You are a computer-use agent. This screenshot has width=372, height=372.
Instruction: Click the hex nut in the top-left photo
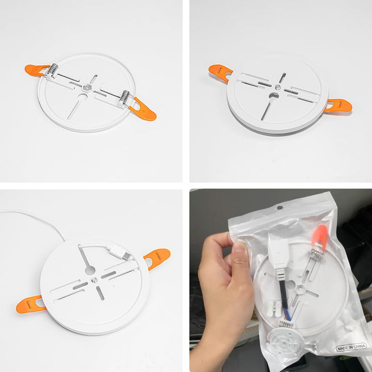click(87, 87)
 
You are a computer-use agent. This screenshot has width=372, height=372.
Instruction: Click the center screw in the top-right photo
click(278, 87)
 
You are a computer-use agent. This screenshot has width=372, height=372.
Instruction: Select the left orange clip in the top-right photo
click(220, 73)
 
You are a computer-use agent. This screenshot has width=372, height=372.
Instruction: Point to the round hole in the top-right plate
click(274, 96)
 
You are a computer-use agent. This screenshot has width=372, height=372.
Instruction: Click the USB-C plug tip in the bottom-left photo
click(127, 256)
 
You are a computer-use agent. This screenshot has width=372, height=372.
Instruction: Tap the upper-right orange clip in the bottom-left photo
click(157, 259)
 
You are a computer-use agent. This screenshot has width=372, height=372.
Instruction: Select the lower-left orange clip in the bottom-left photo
click(30, 305)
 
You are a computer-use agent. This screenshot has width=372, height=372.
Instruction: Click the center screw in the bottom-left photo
click(94, 280)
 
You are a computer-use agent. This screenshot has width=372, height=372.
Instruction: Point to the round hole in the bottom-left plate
click(90, 270)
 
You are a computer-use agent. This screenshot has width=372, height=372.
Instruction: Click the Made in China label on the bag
click(351, 347)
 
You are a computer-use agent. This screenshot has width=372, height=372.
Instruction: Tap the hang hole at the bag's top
click(280, 208)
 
